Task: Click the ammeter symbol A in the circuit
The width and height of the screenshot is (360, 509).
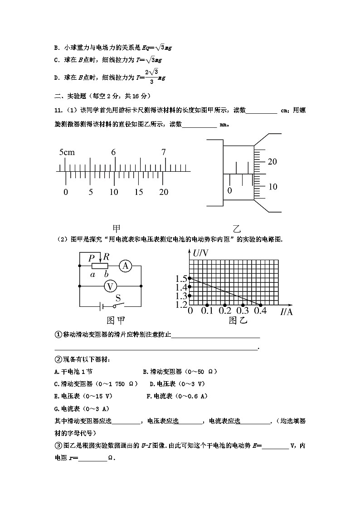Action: point(126,267)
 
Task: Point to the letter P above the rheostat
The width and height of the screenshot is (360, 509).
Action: point(92,257)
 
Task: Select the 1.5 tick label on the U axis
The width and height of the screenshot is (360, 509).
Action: point(181,279)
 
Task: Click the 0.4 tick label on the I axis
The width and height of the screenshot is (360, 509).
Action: point(260,311)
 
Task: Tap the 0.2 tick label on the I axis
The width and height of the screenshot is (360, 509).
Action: point(225,311)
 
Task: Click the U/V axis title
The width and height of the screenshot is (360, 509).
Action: point(200,253)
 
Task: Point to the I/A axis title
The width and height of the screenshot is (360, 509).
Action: point(286,311)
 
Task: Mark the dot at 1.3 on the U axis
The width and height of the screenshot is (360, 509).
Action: point(190,296)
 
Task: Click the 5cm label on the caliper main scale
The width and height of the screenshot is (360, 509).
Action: point(67,152)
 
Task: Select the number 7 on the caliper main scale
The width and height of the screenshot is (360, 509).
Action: point(164,152)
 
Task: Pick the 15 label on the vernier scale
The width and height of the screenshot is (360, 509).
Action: point(138,192)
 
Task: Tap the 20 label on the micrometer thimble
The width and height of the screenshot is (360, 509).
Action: point(272,161)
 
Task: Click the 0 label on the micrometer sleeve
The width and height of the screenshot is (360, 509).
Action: point(229,191)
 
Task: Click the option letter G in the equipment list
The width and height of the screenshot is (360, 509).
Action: point(56,408)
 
